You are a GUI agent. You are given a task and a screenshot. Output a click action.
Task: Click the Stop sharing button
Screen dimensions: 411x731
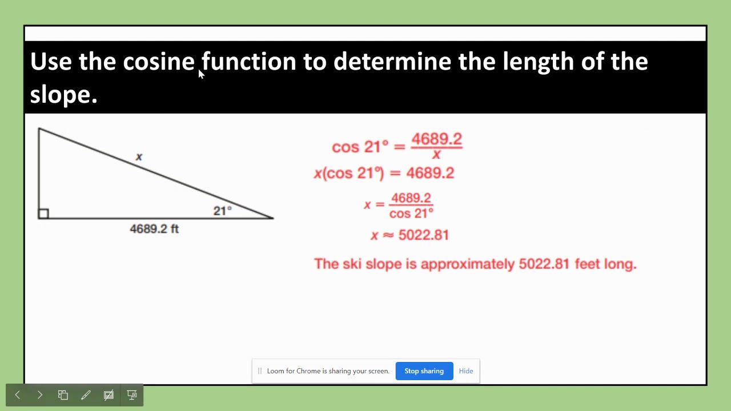click(424, 371)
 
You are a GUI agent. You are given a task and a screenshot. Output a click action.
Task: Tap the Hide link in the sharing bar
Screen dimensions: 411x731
click(466, 371)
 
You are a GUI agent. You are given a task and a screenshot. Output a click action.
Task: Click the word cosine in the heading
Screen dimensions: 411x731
click(159, 61)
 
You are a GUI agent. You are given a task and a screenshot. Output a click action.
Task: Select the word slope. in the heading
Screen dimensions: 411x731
click(63, 94)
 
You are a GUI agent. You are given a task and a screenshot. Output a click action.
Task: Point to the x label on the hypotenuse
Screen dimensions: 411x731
click(139, 157)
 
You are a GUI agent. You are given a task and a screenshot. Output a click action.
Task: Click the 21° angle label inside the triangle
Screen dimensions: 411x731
click(222, 211)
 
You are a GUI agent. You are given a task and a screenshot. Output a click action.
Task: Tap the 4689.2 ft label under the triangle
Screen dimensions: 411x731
click(154, 229)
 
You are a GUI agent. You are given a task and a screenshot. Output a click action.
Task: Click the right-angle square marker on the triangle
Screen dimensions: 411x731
click(43, 213)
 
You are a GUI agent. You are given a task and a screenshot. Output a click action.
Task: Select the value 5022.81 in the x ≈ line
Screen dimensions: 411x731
click(424, 235)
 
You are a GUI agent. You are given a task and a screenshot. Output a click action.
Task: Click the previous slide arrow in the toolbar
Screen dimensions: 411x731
click(18, 395)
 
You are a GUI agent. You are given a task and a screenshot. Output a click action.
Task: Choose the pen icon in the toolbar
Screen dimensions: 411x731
click(86, 395)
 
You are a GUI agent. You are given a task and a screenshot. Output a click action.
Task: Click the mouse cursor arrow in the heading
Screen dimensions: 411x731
click(201, 74)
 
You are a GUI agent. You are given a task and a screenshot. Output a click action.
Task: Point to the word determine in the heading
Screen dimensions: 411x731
click(392, 61)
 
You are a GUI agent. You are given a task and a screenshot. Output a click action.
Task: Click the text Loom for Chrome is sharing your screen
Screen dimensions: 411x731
click(328, 371)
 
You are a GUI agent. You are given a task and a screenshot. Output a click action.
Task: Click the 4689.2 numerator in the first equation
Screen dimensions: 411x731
click(436, 139)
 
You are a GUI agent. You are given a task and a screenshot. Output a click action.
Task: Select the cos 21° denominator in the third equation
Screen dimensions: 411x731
click(411, 213)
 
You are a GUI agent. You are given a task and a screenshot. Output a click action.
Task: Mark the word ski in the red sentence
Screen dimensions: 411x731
click(352, 264)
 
